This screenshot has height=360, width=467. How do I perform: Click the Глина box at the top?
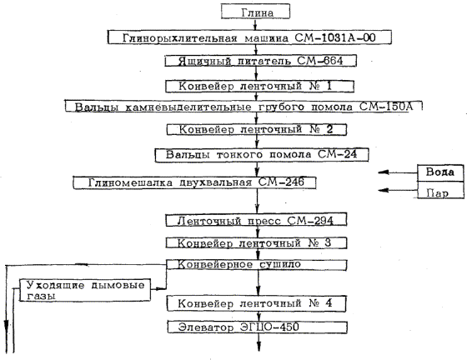[x=255, y=12]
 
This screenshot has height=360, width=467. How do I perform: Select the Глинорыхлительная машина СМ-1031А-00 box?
[x=249, y=37]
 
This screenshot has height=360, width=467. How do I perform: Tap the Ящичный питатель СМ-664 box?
[x=260, y=61]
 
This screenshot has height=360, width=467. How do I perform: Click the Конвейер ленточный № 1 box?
[x=259, y=87]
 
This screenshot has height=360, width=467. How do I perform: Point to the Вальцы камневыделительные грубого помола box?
[x=244, y=106]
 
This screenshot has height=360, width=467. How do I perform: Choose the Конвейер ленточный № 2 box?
[x=257, y=129]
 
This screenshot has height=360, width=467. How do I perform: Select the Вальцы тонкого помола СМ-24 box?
[x=262, y=155]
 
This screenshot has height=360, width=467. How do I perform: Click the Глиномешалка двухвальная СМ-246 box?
[x=194, y=182]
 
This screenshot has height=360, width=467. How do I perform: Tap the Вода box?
[x=440, y=172]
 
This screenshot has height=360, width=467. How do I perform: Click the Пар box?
[x=440, y=190]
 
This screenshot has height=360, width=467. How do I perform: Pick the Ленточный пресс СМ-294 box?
[x=256, y=220]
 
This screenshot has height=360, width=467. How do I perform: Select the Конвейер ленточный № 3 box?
[x=256, y=243]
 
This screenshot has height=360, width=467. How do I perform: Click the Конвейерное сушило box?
[x=256, y=265]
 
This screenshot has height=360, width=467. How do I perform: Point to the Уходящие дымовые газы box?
[x=85, y=290]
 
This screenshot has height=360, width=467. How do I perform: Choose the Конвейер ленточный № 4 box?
[x=256, y=303]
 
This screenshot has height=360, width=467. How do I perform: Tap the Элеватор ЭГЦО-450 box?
[x=257, y=327]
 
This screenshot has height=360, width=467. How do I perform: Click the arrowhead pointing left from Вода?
[x=384, y=172]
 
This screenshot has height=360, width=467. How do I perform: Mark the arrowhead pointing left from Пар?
[x=384, y=190]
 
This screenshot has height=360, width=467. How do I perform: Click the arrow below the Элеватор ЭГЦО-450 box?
[x=259, y=342]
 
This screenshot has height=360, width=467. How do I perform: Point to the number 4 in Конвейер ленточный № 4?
[x=329, y=303]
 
